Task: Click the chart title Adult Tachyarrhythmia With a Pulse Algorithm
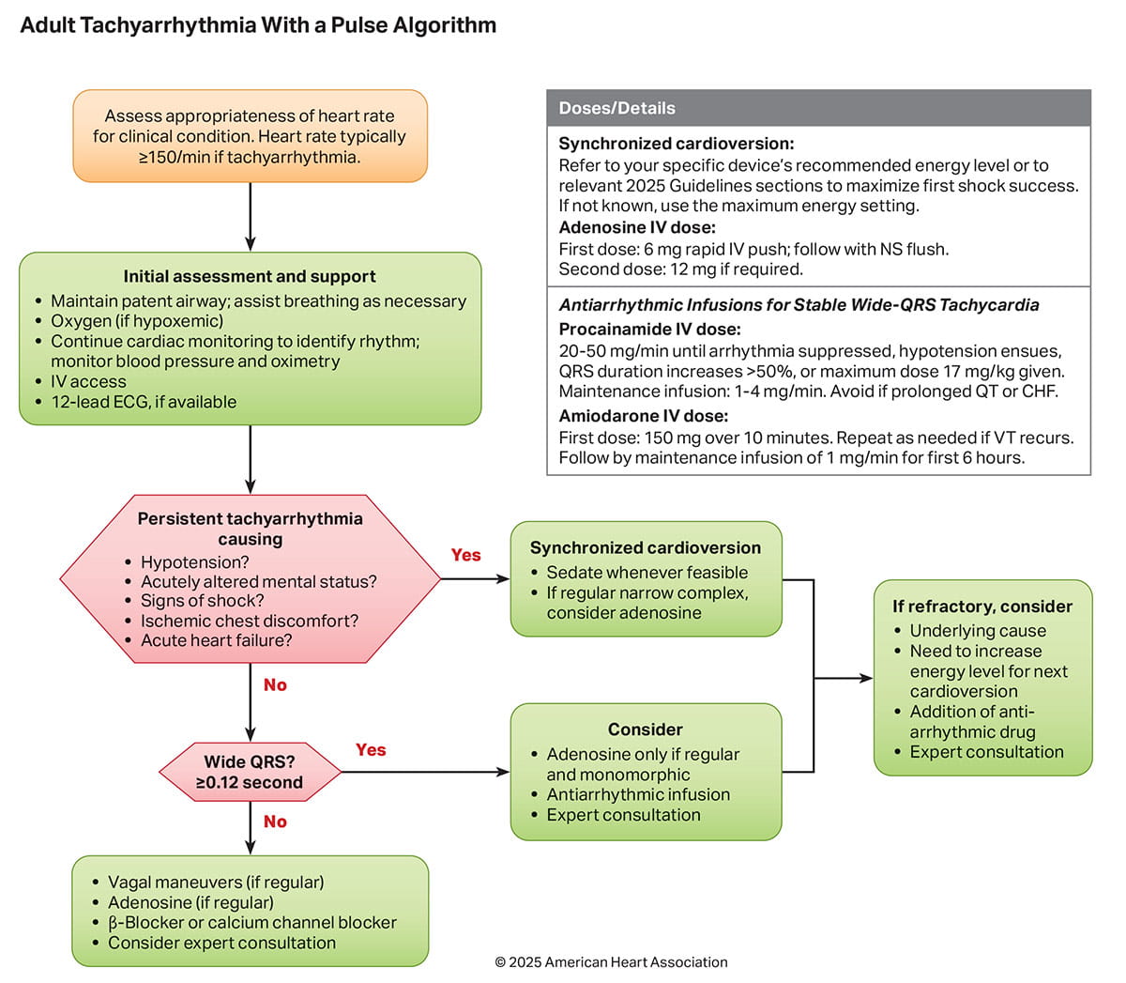(x=258, y=25)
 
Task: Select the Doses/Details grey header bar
(x=818, y=108)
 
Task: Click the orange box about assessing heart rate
(x=250, y=136)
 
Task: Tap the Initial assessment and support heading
(x=250, y=277)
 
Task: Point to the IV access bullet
(x=88, y=382)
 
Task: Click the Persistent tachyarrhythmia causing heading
(x=250, y=529)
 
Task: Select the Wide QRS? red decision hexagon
(x=250, y=773)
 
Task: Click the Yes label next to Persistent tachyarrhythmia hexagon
(x=465, y=555)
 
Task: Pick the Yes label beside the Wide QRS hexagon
(x=371, y=749)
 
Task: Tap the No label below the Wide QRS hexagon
(x=275, y=822)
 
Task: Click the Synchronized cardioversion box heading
(x=646, y=548)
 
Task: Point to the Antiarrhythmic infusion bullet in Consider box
(x=638, y=795)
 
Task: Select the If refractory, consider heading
(x=982, y=607)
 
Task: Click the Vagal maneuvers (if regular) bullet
(x=216, y=883)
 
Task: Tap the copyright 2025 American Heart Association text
(x=611, y=962)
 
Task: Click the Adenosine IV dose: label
(x=637, y=228)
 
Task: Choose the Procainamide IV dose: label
(x=649, y=330)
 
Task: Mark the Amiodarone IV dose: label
(x=644, y=416)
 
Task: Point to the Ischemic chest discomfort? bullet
(x=250, y=622)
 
